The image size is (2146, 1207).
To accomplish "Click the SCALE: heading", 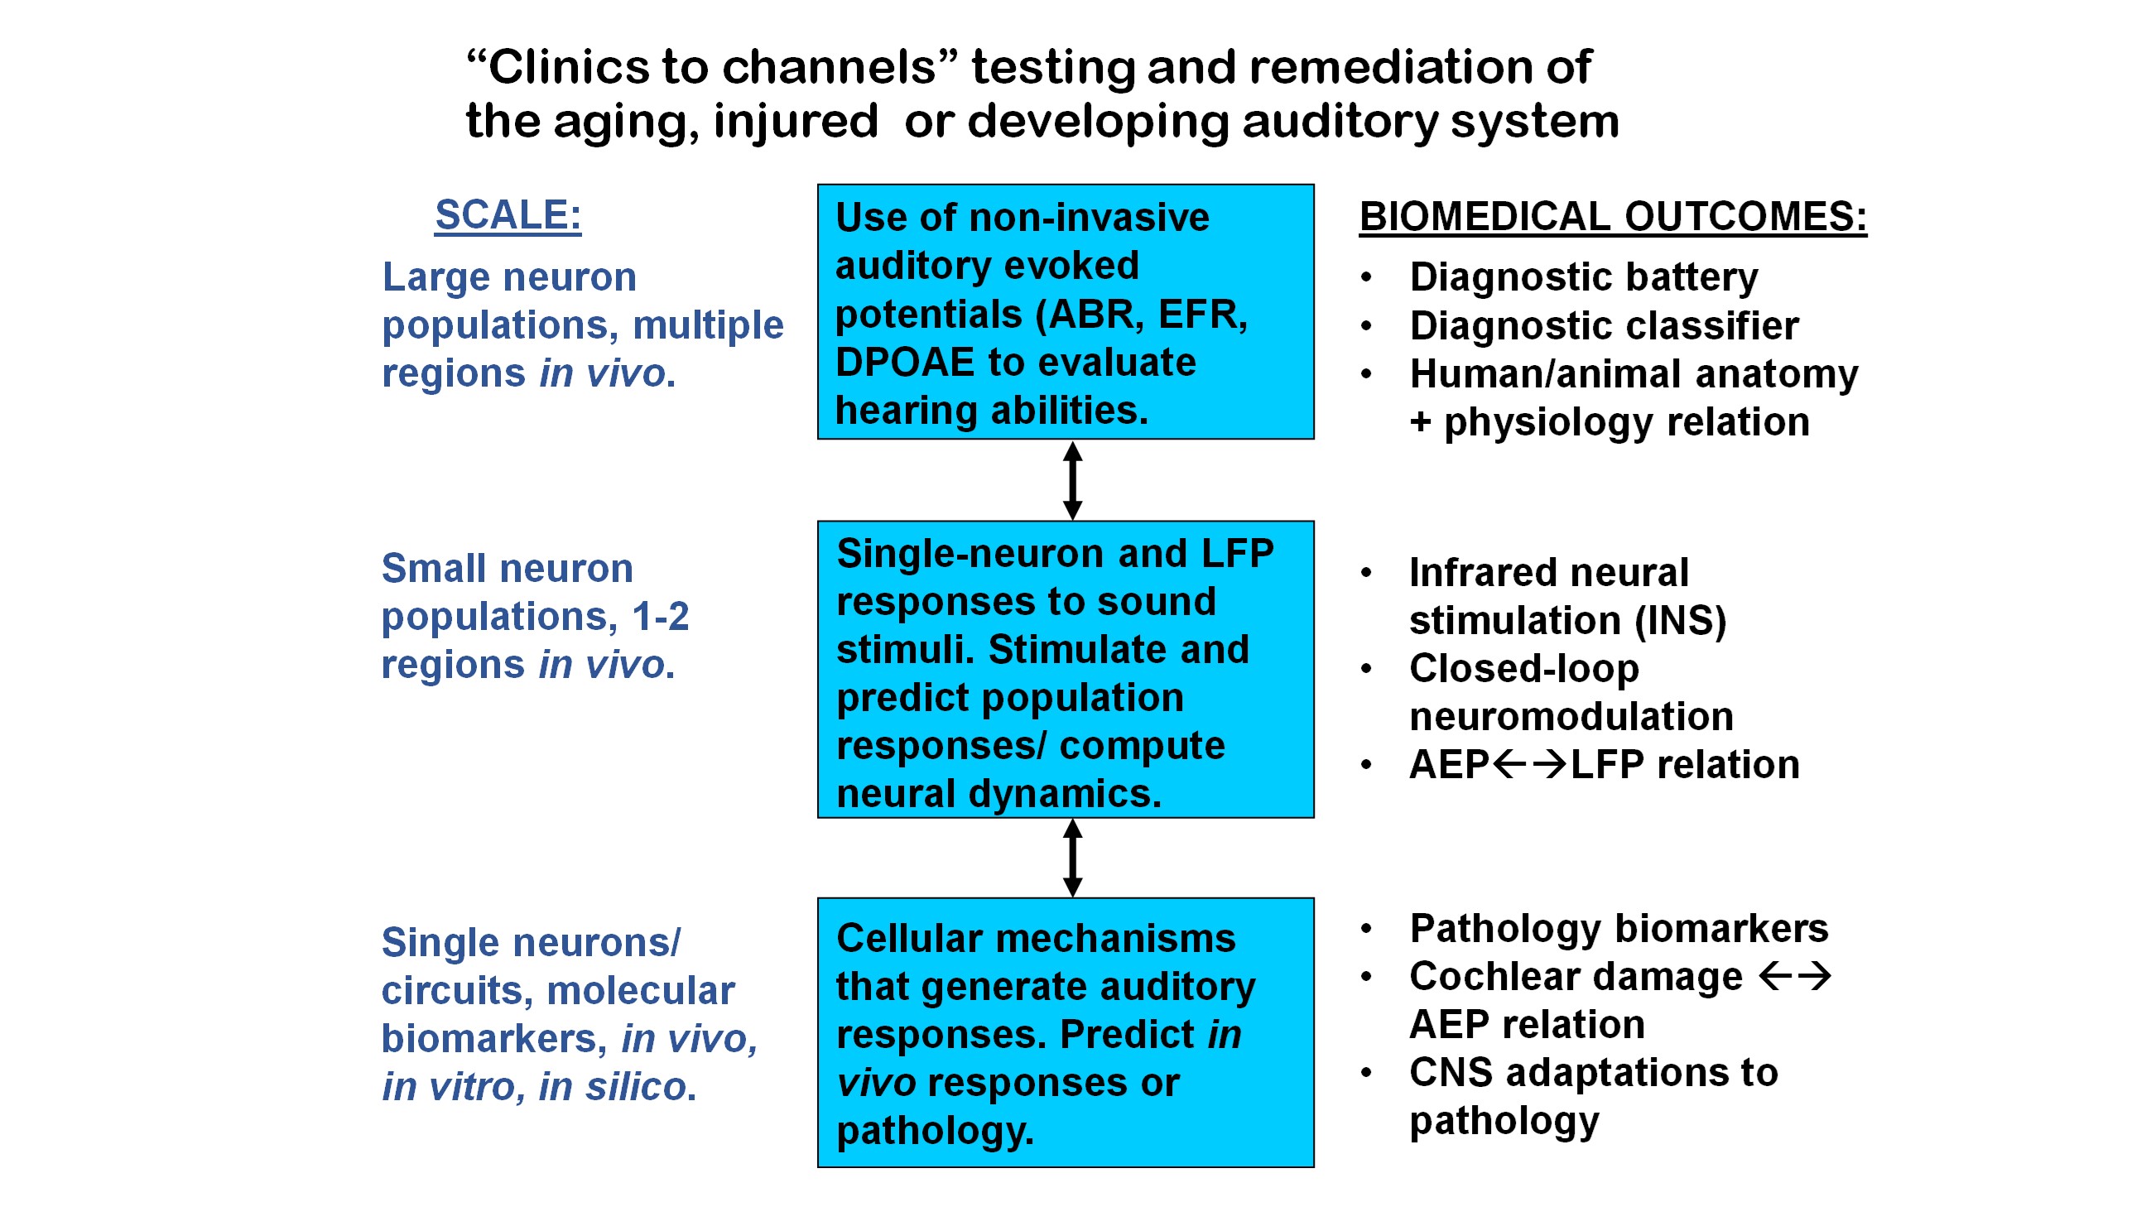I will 508,215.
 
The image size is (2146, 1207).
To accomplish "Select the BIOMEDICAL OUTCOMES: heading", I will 1612,217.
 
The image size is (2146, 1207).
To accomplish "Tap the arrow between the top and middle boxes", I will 1073,481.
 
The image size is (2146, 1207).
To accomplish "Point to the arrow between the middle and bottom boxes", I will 1073,857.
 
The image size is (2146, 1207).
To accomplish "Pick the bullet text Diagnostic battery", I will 1583,277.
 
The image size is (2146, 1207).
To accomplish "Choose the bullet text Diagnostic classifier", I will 1604,325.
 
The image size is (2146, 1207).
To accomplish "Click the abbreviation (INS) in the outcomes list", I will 1681,621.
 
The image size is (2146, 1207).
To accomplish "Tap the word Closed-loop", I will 1523,668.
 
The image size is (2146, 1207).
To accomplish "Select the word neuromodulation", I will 1571,716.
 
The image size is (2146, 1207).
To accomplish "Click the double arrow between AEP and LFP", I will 1528,764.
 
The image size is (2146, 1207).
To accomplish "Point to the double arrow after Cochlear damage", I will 1794,975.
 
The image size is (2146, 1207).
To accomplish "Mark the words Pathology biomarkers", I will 1619,928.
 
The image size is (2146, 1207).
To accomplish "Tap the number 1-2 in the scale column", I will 660,617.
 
